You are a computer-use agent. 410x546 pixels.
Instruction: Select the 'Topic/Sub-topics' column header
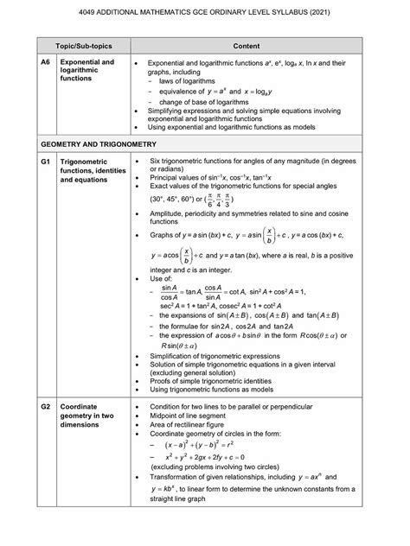[74, 42]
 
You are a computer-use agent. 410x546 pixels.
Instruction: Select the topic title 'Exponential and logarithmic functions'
[86, 71]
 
